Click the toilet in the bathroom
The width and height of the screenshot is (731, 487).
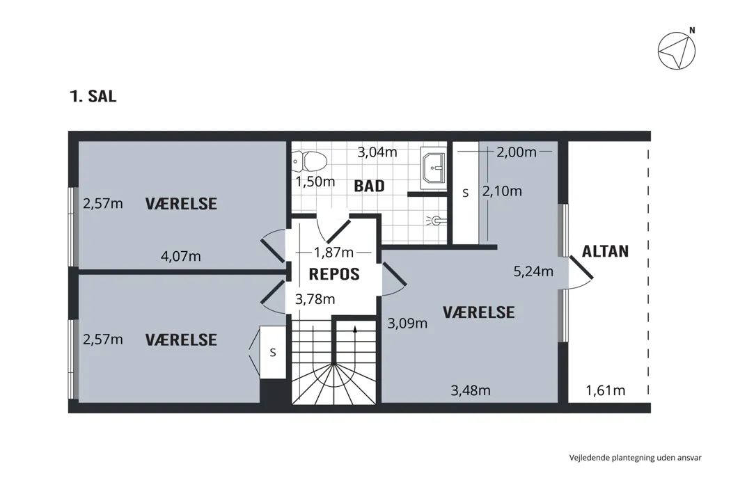click(310, 161)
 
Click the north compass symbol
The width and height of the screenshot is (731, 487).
click(677, 49)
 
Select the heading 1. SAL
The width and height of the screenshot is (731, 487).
click(93, 96)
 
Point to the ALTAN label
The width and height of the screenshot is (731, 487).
click(605, 251)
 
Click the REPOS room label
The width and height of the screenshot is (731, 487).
click(334, 274)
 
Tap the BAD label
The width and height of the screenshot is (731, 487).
click(369, 186)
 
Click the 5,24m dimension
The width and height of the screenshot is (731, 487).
click(533, 271)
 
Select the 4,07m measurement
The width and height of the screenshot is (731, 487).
click(181, 256)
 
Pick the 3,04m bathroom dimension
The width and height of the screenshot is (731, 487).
click(377, 152)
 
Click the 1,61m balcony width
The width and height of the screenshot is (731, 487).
click(605, 390)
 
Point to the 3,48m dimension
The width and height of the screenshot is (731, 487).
click(471, 390)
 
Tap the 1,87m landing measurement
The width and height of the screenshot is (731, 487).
click(333, 252)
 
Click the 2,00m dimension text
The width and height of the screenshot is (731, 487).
click(516, 152)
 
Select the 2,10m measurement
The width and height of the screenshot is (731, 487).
click(502, 191)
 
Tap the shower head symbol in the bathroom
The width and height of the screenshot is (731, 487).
click(435, 220)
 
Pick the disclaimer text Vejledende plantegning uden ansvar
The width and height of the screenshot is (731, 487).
click(635, 458)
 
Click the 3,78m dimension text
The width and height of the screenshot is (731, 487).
click(315, 298)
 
